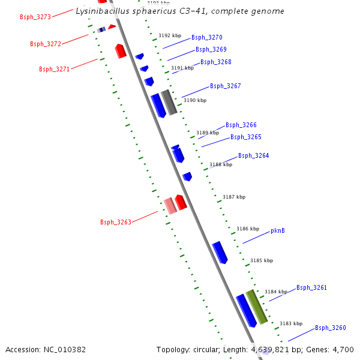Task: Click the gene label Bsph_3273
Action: (35, 17)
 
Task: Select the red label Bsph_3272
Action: (46, 44)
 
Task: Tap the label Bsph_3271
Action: (55, 69)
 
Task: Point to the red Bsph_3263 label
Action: (116, 223)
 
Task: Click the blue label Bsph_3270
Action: (207, 37)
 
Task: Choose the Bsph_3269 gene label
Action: (211, 49)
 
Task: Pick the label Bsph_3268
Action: (216, 62)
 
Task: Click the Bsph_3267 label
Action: (226, 86)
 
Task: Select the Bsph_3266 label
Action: (241, 125)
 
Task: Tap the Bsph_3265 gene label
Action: (246, 137)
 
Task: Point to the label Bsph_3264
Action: (254, 156)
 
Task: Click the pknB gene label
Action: (278, 230)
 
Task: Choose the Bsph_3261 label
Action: (311, 288)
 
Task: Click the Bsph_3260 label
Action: (331, 328)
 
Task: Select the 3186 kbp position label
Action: (248, 229)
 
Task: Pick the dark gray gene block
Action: (169, 102)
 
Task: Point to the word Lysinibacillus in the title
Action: (100, 11)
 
